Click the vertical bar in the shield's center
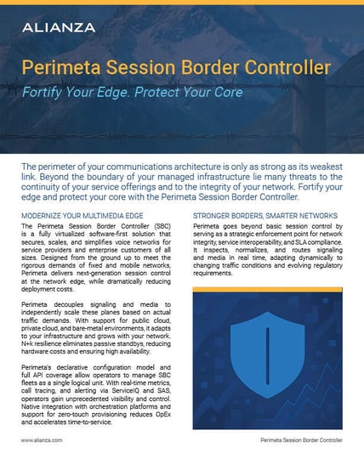click(x=268, y=352)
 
